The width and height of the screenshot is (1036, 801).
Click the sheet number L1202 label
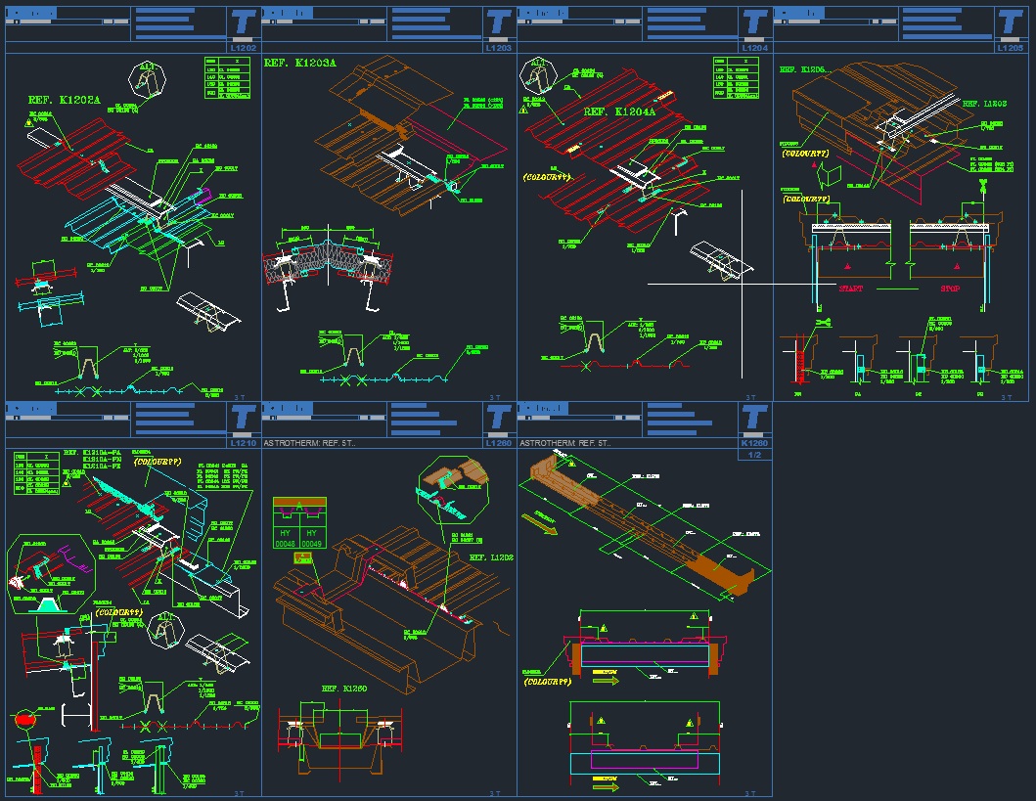(243, 47)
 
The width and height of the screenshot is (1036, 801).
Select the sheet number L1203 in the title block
(498, 47)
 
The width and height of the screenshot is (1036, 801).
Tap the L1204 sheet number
(754, 47)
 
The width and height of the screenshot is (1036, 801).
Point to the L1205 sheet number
(1010, 47)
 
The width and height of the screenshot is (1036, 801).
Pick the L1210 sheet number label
(243, 443)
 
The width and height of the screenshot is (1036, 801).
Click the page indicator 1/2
(754, 455)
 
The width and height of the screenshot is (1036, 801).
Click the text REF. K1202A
(68, 100)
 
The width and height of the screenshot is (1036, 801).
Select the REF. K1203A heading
(299, 63)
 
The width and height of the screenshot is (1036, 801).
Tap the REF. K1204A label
(620, 112)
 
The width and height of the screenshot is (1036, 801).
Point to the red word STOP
(951, 289)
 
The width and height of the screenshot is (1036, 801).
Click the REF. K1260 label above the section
(345, 689)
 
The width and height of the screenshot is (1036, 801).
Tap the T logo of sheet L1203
(499, 22)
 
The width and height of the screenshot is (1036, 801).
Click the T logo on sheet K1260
(754, 418)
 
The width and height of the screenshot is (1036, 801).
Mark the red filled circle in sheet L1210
(24, 720)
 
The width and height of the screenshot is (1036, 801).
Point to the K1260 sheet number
(754, 443)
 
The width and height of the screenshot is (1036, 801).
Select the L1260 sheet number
(498, 443)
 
